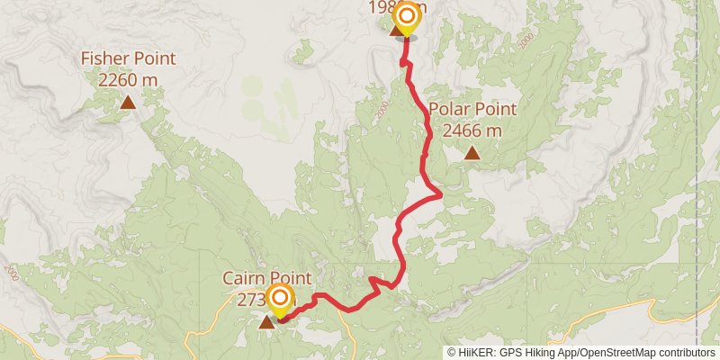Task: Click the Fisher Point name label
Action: point(128,59)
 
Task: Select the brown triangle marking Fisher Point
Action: point(128,103)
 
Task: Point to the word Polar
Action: point(448,110)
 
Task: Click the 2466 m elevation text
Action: point(472,130)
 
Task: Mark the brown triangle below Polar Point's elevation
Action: point(472,153)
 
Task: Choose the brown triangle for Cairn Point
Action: point(267,321)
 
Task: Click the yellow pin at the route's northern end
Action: point(406,17)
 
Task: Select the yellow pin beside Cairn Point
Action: point(280,298)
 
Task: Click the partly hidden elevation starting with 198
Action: point(381,8)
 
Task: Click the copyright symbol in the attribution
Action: point(453,353)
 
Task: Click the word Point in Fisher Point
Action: point(154,59)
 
